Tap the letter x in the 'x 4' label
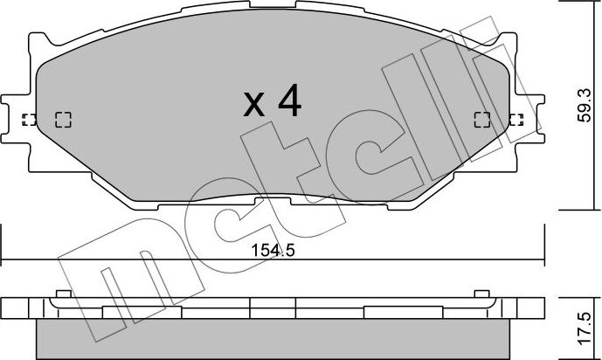pos(253,107)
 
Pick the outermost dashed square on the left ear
pos(29,120)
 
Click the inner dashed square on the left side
pos(63,120)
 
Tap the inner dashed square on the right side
pos(481,120)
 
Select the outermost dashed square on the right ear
pos(516,120)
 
